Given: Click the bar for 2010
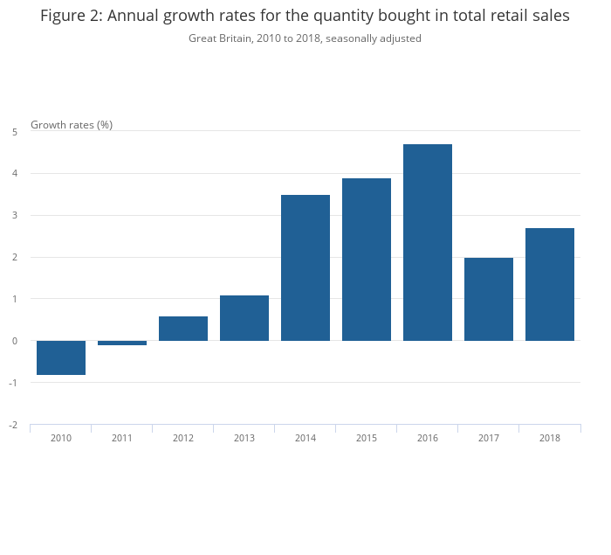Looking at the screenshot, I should (x=61, y=357).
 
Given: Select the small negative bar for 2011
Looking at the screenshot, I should (x=122, y=343).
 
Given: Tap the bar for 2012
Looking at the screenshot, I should (x=183, y=329).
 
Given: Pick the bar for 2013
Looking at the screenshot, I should (x=244, y=318).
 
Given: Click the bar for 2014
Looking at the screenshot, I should (x=305, y=267).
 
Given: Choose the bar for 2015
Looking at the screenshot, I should (x=367, y=260).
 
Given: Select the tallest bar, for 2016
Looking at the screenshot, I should (x=428, y=242).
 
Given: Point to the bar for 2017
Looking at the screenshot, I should (x=489, y=299).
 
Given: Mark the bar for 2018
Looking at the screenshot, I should (x=550, y=284).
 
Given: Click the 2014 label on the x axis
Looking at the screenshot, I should (x=305, y=438).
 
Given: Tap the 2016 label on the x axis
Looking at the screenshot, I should (x=428, y=438).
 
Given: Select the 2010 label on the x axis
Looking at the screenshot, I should (x=61, y=438).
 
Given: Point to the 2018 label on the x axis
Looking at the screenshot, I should (x=550, y=438).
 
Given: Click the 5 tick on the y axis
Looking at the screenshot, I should (x=15, y=132).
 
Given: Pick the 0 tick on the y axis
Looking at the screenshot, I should (x=15, y=341).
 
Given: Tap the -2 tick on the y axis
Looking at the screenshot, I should (x=13, y=425).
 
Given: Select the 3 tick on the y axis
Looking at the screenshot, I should (x=15, y=215).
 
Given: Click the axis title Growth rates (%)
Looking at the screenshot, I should (x=72, y=125).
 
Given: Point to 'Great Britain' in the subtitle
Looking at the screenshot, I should (x=219, y=38).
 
